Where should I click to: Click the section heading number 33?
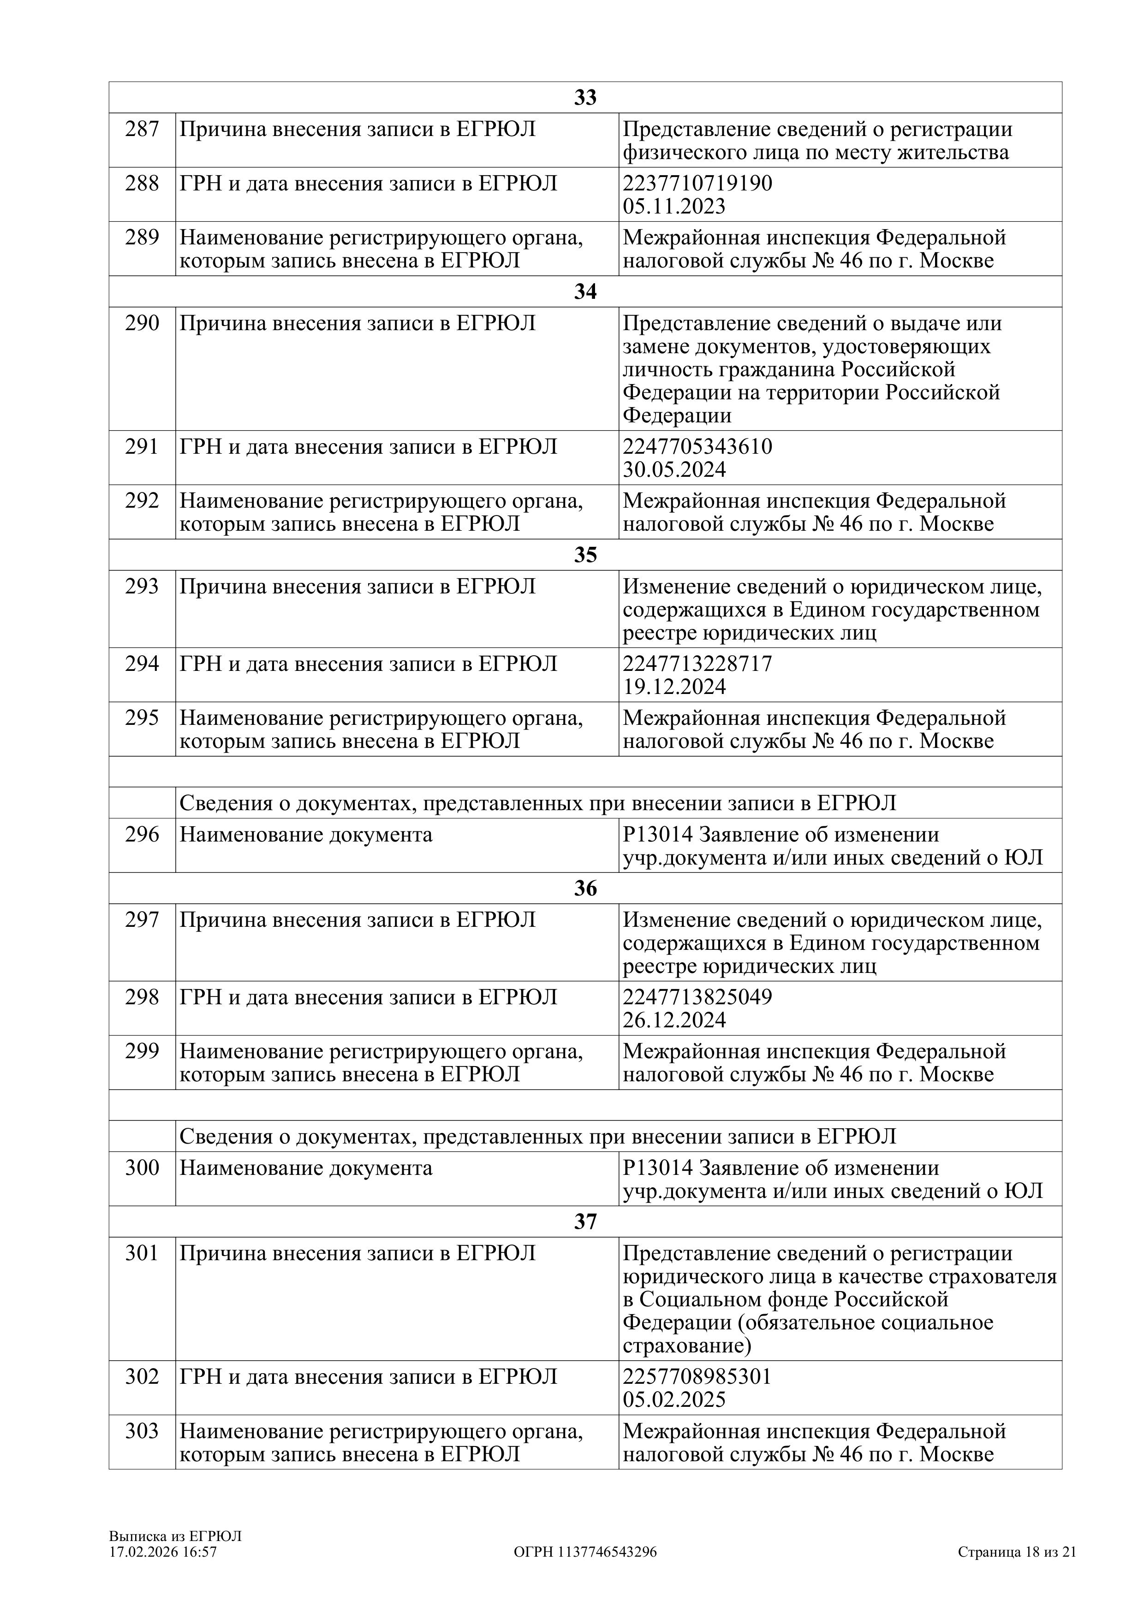pyautogui.click(x=585, y=98)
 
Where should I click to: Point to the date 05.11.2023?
pyautogui.click(x=674, y=207)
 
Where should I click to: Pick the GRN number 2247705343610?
pyautogui.click(x=697, y=447)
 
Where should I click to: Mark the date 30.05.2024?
pyautogui.click(x=674, y=470)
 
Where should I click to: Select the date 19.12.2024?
pyautogui.click(x=674, y=687)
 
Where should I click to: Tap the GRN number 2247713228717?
pyautogui.click(x=697, y=664)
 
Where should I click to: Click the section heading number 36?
pyautogui.click(x=585, y=889)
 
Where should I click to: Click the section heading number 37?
pyautogui.click(x=585, y=1222)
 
